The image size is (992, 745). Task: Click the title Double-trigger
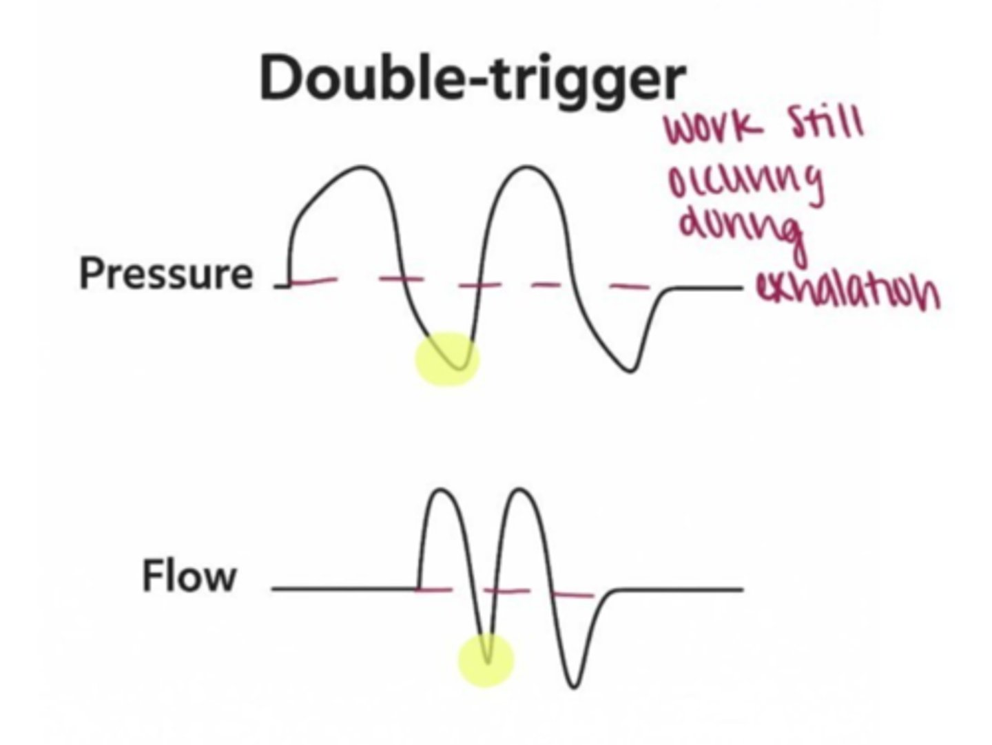click(473, 78)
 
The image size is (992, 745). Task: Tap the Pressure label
click(166, 273)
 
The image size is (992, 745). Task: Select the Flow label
click(189, 576)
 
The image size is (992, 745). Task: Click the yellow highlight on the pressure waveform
click(447, 359)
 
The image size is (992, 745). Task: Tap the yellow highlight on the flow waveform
click(486, 659)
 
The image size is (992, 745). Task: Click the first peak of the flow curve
click(440, 490)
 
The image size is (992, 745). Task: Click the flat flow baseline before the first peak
click(344, 589)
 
